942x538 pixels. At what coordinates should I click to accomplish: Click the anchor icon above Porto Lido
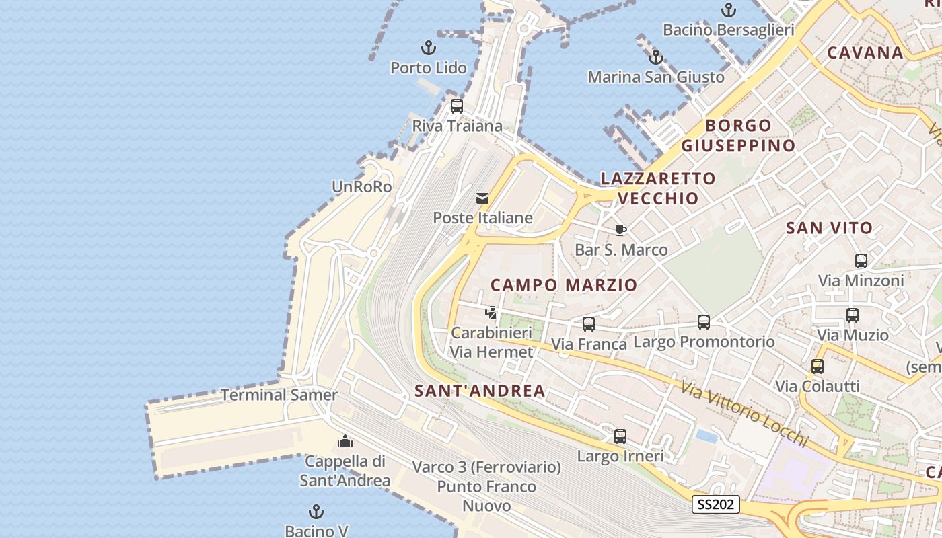coord(428,48)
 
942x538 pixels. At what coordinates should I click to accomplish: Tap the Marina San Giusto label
coord(656,77)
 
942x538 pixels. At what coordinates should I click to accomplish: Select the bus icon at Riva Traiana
coord(457,106)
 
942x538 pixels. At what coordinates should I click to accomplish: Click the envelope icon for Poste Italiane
coord(482,198)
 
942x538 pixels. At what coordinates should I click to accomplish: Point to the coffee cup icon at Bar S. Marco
coord(621,231)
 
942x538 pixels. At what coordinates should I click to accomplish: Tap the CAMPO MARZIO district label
coord(564,285)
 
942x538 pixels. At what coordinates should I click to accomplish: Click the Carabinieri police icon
coord(492,313)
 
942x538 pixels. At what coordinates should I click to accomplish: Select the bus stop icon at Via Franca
coord(589,324)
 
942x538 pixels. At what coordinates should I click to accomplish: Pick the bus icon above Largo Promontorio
coord(704,322)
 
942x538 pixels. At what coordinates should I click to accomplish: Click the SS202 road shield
coord(716,504)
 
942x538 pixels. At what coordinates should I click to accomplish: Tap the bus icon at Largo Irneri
coord(620,436)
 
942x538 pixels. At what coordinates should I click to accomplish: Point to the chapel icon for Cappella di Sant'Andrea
coord(345,441)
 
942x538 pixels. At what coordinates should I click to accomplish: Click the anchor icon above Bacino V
coord(316,512)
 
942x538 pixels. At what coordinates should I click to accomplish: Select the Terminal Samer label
coord(279,395)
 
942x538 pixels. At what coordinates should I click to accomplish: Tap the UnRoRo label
coord(362,187)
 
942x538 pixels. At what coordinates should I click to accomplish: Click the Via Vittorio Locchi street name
coord(744,413)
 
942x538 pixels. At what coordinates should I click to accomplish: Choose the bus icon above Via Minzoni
coord(861,261)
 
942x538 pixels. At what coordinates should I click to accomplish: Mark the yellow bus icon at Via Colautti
coord(818,367)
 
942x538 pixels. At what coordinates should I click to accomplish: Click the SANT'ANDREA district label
coord(480,391)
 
